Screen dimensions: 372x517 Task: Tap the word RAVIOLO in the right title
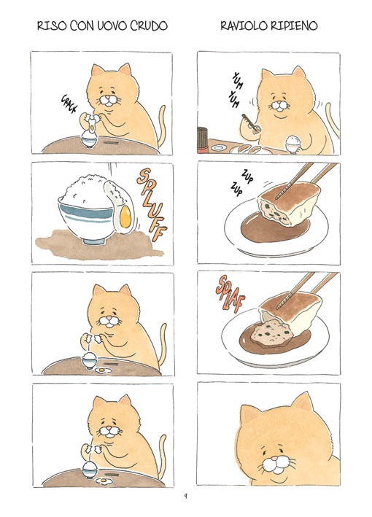point(242,26)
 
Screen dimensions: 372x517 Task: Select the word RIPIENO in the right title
point(293,26)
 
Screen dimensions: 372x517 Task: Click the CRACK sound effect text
point(69,104)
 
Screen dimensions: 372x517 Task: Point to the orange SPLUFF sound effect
point(152,204)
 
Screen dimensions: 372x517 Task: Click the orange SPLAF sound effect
point(230,294)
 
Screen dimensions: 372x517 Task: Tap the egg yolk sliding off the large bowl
point(125,217)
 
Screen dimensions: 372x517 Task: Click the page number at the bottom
point(186,496)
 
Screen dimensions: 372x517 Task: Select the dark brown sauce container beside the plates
point(203,140)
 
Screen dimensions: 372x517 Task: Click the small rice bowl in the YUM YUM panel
point(292,144)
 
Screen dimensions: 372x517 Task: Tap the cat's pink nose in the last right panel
point(275,459)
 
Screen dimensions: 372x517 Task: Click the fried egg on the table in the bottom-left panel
point(104,481)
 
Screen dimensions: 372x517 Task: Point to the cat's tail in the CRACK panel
point(161,126)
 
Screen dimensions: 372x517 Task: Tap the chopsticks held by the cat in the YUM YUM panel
point(251,123)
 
